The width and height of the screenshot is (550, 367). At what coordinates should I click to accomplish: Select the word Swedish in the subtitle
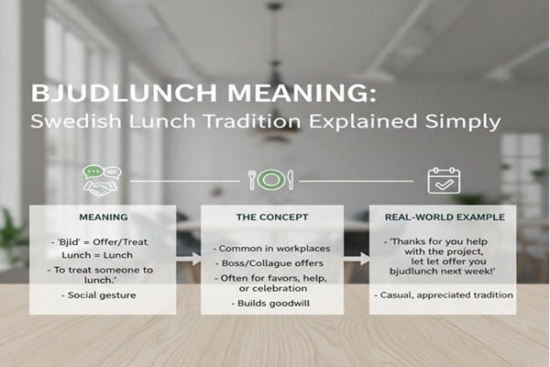coord(70,122)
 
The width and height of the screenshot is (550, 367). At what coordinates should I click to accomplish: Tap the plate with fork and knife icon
coord(270,179)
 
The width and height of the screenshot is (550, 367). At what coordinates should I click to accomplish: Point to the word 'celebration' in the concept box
coord(272,290)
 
